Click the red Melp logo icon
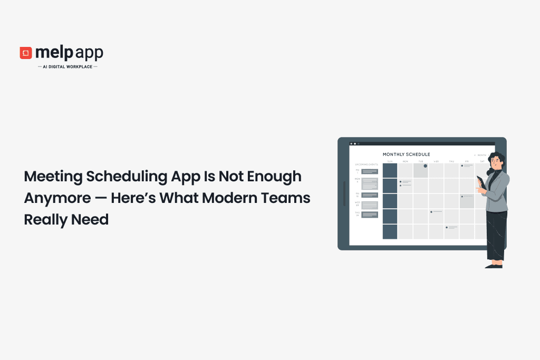[x=26, y=53]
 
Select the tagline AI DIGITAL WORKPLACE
[x=67, y=67]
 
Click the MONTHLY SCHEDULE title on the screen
[x=406, y=154]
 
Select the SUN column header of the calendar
[x=390, y=161]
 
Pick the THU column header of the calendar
[x=451, y=161]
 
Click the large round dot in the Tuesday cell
[x=425, y=166]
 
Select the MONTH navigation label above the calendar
[x=481, y=155]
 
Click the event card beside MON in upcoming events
[x=369, y=183]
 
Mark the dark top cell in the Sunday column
[x=390, y=170]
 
